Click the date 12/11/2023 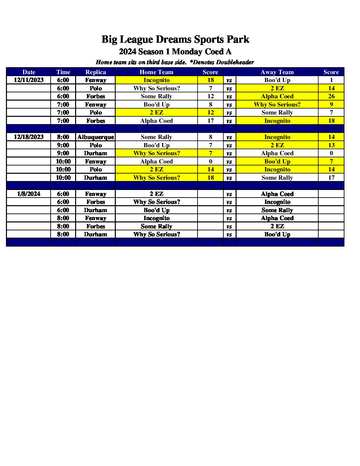[28, 80]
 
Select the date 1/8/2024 [28, 194]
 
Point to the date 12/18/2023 [28, 137]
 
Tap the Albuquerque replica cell [96, 137]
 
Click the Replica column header [96, 72]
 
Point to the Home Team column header [157, 72]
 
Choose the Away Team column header [277, 72]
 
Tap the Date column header [29, 72]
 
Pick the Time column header [63, 72]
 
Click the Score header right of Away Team [331, 72]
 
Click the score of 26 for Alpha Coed [331, 96]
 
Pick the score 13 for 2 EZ [331, 145]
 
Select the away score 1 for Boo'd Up [331, 80]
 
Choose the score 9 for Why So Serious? [331, 105]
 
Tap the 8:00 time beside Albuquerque [63, 137]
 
